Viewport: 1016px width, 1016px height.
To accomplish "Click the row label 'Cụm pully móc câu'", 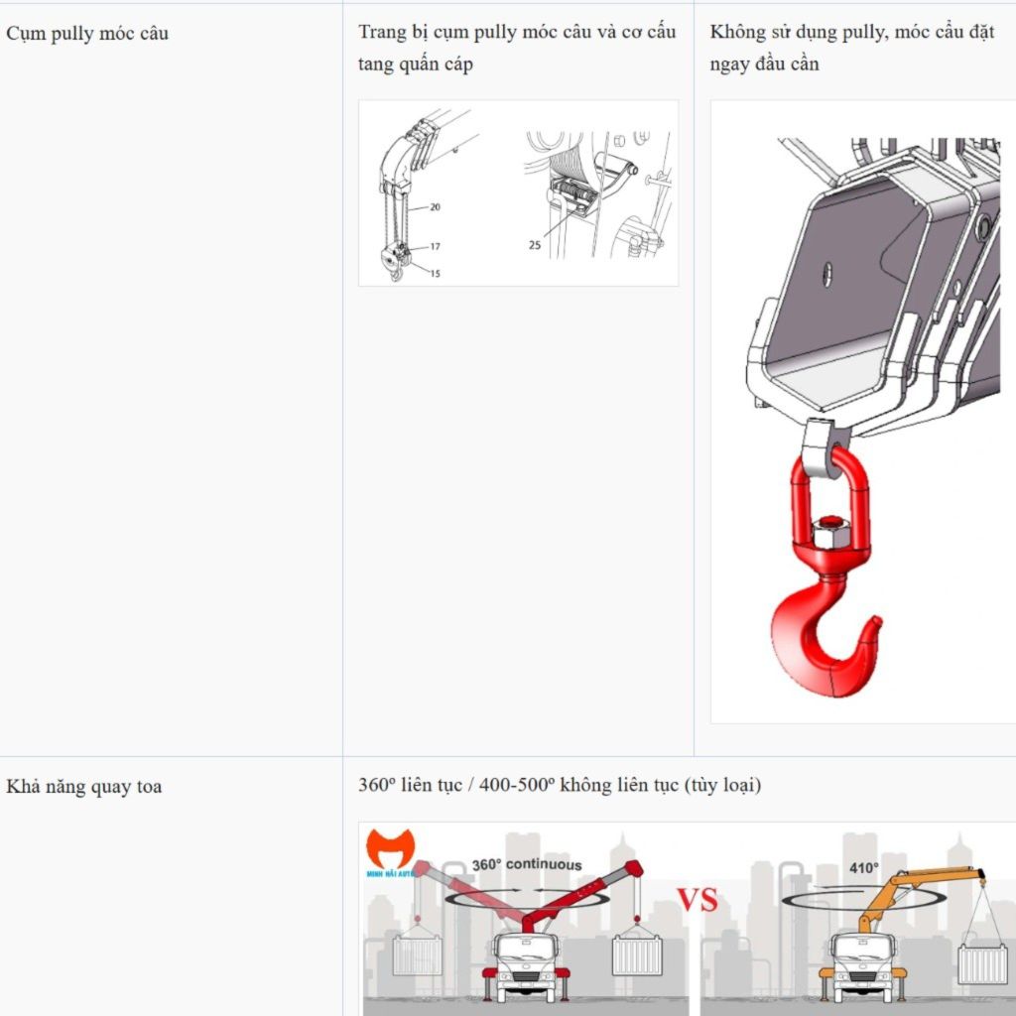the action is [87, 34].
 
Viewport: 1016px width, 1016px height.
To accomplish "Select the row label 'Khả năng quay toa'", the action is [84, 787].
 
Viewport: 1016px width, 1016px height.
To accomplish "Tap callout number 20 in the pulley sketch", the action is [435, 207].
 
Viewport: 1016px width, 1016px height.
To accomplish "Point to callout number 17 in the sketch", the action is [435, 246].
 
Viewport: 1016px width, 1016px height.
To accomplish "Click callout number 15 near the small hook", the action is [435, 274].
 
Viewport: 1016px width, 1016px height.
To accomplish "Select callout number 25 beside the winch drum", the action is [535, 245].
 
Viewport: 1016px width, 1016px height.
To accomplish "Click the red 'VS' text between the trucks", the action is [698, 900].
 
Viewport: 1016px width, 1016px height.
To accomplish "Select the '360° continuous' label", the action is [527, 864].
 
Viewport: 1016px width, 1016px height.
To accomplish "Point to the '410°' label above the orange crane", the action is [864, 868].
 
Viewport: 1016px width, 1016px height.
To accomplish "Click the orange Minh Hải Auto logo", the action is [390, 849].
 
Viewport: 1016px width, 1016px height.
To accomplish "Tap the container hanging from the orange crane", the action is [983, 963].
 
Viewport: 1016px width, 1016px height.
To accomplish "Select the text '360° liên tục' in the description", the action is [410, 786].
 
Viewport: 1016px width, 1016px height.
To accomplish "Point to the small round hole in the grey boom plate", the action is [826, 274].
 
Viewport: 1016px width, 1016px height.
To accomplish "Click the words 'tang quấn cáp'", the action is [416, 64].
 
